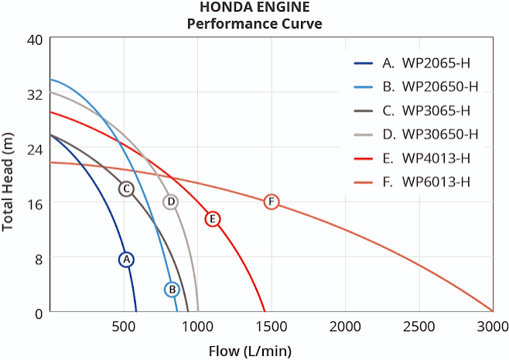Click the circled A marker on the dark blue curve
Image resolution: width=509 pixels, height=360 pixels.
click(126, 259)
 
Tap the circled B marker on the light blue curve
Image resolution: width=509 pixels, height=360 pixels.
click(173, 290)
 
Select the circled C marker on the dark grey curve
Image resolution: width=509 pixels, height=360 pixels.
click(126, 189)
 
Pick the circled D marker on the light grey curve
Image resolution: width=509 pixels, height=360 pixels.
click(171, 202)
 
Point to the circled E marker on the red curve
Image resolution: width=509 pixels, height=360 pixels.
click(213, 219)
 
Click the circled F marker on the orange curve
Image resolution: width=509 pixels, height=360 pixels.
click(272, 202)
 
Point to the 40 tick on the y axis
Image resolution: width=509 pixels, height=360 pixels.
click(35, 39)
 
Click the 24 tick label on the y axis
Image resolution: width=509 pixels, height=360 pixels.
click(35, 149)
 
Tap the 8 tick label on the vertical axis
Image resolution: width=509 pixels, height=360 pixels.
click(39, 259)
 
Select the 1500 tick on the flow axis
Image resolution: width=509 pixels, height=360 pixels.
click(272, 327)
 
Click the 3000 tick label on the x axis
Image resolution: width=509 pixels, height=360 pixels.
click(493, 327)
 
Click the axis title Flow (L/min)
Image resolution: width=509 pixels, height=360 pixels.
click(250, 351)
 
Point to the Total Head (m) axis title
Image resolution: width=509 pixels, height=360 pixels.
click(7, 182)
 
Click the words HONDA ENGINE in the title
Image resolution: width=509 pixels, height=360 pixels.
click(254, 7)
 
